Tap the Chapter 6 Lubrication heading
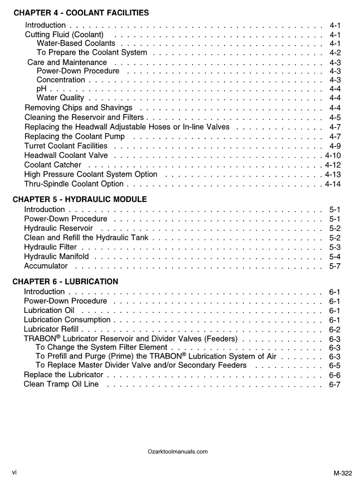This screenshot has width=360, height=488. (x=65, y=281)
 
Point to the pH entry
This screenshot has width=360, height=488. (x=41, y=89)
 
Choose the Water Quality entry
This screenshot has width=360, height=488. (x=60, y=98)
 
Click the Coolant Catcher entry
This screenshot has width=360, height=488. (x=53, y=165)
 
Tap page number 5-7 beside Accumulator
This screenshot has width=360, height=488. (x=335, y=266)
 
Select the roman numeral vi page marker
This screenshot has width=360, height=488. (x=14, y=472)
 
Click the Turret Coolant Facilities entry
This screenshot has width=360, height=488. (x=66, y=146)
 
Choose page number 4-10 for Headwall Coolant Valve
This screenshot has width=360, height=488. (x=333, y=155)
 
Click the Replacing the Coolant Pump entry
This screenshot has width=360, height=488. (x=75, y=136)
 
